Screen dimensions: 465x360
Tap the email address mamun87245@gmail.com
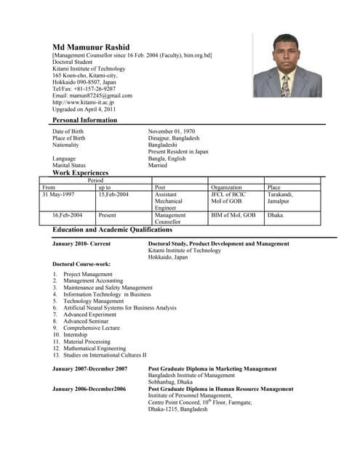coord(92,95)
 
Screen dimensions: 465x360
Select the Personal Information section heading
coord(84,120)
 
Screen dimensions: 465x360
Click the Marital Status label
coord(69,165)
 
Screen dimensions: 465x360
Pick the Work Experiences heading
coord(80,173)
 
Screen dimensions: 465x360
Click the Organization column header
coord(226,187)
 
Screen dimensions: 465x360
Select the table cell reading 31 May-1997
coord(58,195)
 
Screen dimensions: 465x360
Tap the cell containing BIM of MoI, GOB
coord(233,215)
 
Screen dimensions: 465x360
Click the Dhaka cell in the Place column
coord(276,215)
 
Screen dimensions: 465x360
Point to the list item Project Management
coord(88,275)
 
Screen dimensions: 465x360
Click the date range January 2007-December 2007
coord(90,369)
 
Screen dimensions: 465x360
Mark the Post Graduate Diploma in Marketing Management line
coord(212,369)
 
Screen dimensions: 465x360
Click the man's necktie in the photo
coord(285,86)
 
